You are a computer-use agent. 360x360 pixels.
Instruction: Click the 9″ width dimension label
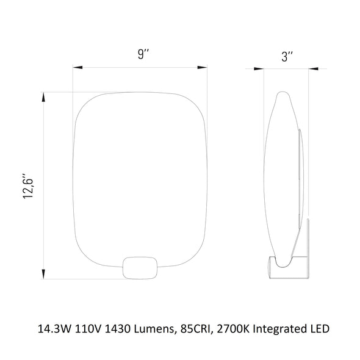tap(143, 54)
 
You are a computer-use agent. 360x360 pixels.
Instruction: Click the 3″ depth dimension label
tap(287, 57)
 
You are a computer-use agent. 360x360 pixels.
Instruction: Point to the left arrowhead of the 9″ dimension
tap(77, 67)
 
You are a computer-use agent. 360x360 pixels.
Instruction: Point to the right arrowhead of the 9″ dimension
tap(202, 67)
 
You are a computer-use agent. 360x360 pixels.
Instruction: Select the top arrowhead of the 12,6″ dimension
tap(43, 97)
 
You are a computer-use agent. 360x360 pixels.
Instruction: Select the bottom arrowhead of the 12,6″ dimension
tap(43, 274)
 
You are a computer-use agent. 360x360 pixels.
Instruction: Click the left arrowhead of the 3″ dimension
tap(259, 69)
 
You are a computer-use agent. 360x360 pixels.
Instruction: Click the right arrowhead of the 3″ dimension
tap(314, 69)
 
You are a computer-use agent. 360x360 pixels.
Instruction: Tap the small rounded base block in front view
tap(140, 268)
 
